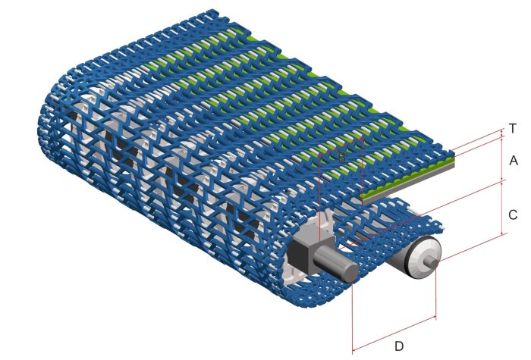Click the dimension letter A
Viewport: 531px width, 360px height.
[x=514, y=161]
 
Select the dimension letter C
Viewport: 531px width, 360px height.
[x=514, y=214]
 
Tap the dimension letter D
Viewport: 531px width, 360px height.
[x=397, y=347]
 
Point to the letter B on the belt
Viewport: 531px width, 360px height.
[x=342, y=157]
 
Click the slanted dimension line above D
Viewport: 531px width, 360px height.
[x=394, y=333]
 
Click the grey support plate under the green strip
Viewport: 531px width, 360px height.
[x=410, y=183]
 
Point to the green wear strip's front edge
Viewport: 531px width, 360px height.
[x=410, y=176]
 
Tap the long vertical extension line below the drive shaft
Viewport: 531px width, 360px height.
[x=353, y=318]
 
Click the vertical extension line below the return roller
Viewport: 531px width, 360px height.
[x=437, y=292]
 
